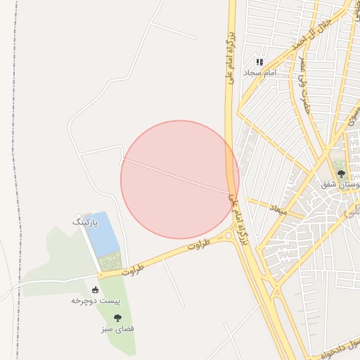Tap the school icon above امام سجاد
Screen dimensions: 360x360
(259, 62)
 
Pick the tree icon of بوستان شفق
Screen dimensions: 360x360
(341, 173)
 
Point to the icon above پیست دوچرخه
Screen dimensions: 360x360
(96, 290)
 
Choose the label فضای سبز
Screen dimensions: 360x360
(118, 328)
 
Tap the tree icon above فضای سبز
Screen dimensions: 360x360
(117, 318)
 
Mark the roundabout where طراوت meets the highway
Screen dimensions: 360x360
(229, 236)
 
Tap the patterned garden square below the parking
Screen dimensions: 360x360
(110, 262)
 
